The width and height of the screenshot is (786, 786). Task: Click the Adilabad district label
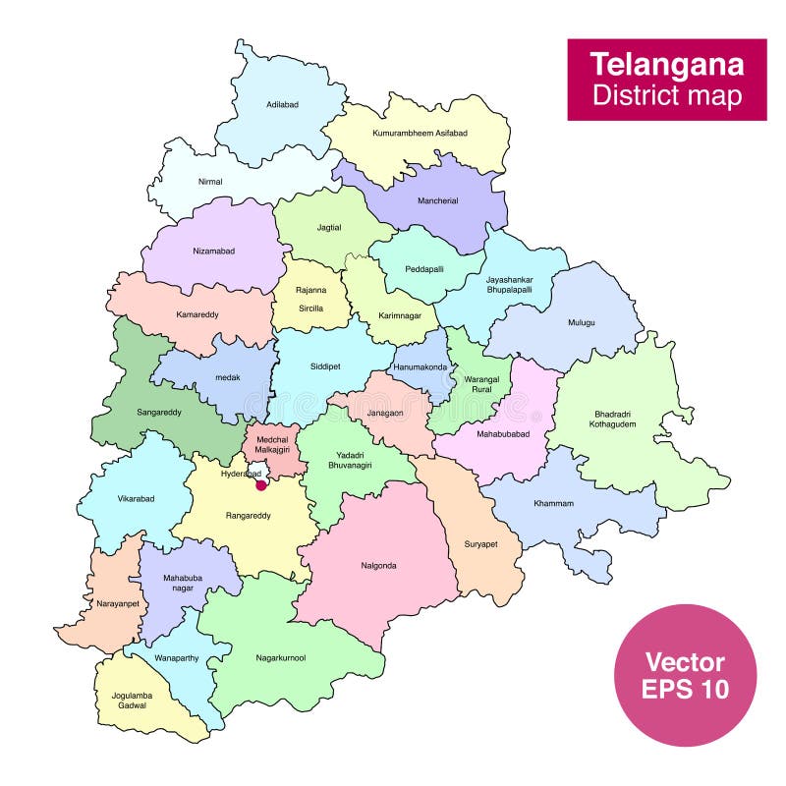(x=282, y=104)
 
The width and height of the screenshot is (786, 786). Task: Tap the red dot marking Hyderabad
(x=261, y=483)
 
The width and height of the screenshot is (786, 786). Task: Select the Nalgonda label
(x=378, y=565)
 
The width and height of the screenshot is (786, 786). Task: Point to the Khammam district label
(x=553, y=503)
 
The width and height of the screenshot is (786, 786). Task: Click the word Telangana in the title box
(x=666, y=65)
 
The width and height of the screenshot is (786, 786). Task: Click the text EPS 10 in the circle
(x=685, y=689)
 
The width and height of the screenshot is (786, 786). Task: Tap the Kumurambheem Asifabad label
(x=420, y=132)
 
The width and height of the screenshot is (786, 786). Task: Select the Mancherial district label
(x=437, y=200)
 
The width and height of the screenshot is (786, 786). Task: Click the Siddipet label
(x=325, y=365)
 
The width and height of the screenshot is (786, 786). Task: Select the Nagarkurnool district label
(x=280, y=657)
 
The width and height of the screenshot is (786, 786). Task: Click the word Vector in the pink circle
(x=685, y=661)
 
